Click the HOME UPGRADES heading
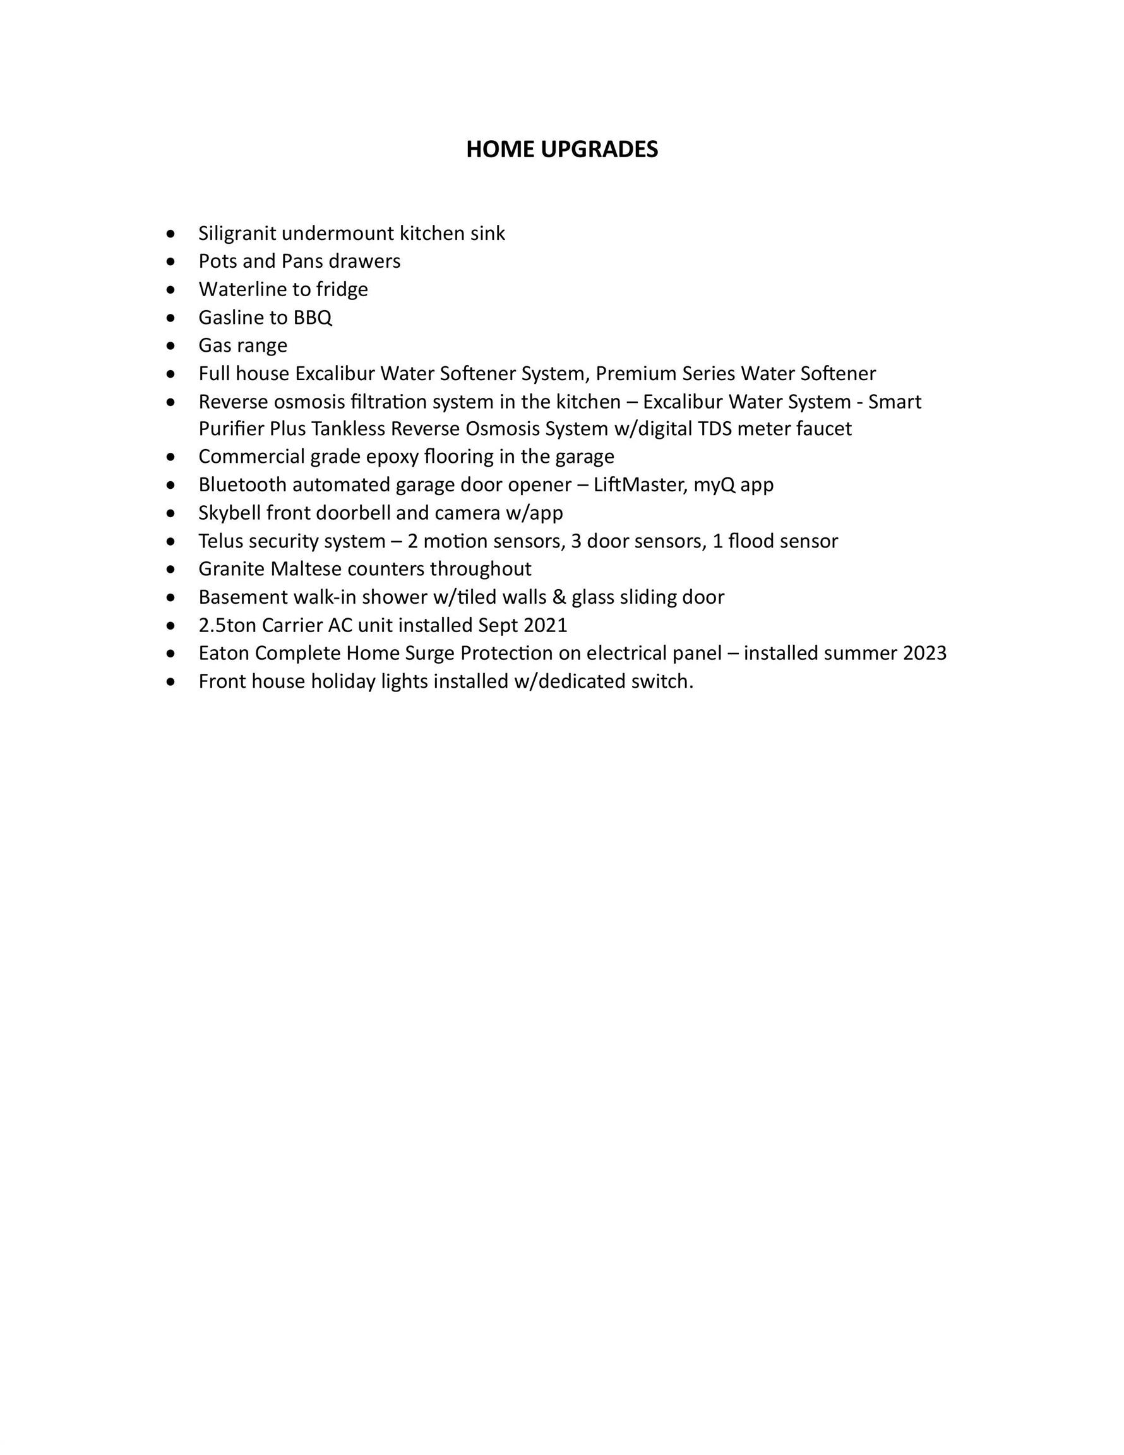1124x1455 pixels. (561, 149)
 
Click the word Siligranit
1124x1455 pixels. (237, 233)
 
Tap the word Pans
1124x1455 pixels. (302, 261)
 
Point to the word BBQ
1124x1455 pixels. (313, 317)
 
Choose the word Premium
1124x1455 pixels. (636, 373)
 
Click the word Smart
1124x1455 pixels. (895, 402)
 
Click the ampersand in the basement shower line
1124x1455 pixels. (559, 597)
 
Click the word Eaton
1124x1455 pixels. (224, 653)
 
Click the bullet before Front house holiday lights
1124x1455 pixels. (172, 682)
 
